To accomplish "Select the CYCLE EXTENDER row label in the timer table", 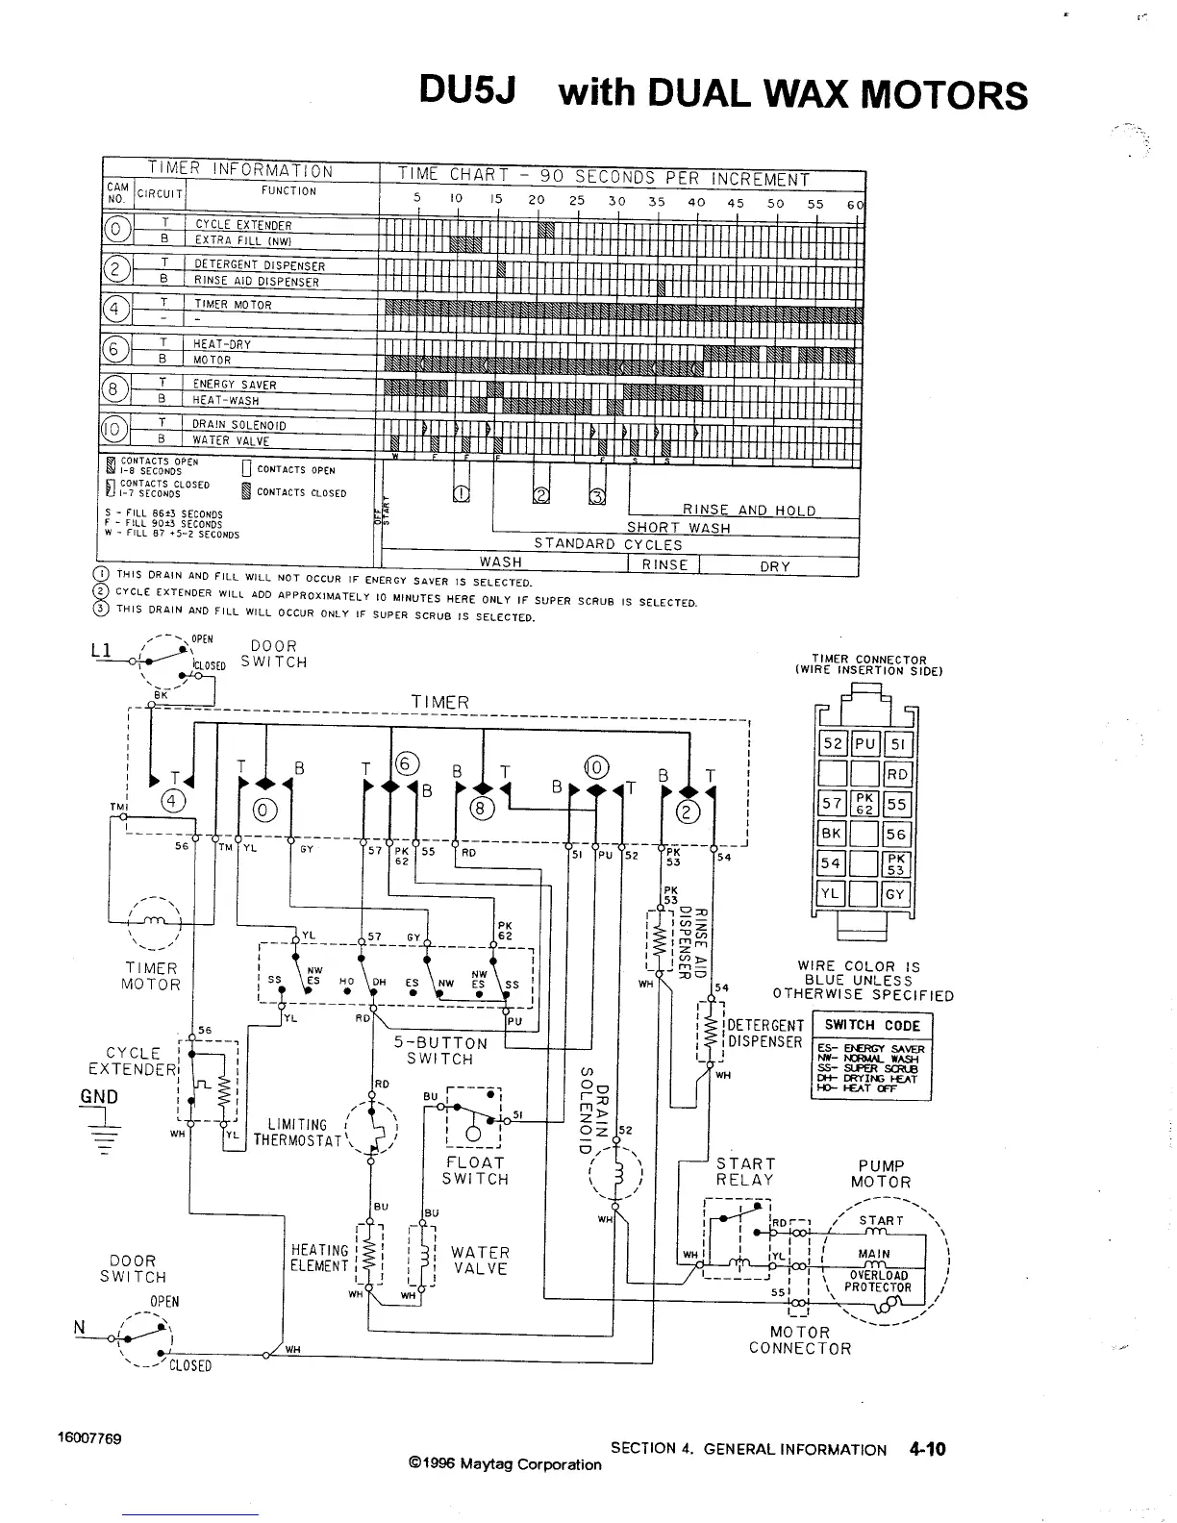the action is pyautogui.click(x=243, y=225).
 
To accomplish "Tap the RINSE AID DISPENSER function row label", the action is pyautogui.click(x=256, y=282).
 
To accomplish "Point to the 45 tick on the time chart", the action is pyautogui.click(x=736, y=203).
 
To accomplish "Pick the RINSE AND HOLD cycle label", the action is pyautogui.click(x=749, y=511).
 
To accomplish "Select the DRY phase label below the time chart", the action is pyautogui.click(x=774, y=566).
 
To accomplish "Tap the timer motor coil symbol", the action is pyautogui.click(x=154, y=922).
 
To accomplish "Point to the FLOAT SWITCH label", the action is pyautogui.click(x=475, y=1170).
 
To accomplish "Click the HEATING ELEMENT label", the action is pyautogui.click(x=319, y=1258).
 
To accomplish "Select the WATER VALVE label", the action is pyautogui.click(x=480, y=1261).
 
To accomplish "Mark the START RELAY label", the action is pyautogui.click(x=744, y=1171).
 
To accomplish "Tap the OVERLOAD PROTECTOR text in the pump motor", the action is pyautogui.click(x=877, y=1282).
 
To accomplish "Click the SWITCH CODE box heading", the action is pyautogui.click(x=872, y=1025).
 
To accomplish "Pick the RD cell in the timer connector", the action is pyautogui.click(x=896, y=774).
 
